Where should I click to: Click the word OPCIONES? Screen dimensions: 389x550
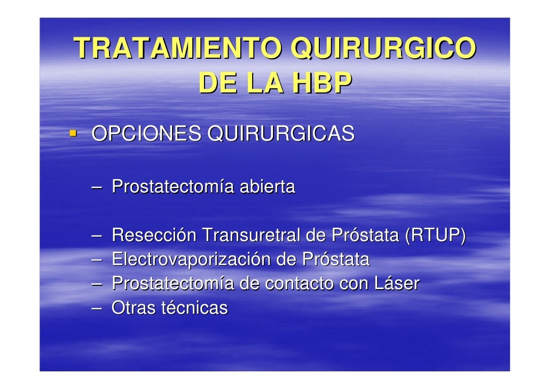146,134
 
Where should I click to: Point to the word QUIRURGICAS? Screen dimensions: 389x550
280,134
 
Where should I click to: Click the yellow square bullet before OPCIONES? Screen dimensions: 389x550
72,131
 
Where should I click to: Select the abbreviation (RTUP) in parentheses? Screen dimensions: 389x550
435,235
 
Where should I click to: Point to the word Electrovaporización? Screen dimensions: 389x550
191,260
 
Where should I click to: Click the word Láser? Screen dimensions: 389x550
396,284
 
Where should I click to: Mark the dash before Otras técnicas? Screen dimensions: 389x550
97,308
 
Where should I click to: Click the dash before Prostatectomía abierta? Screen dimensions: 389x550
97,188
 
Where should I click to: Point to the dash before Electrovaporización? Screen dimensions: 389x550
97,260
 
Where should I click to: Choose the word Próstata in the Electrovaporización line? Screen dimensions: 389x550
335,260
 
